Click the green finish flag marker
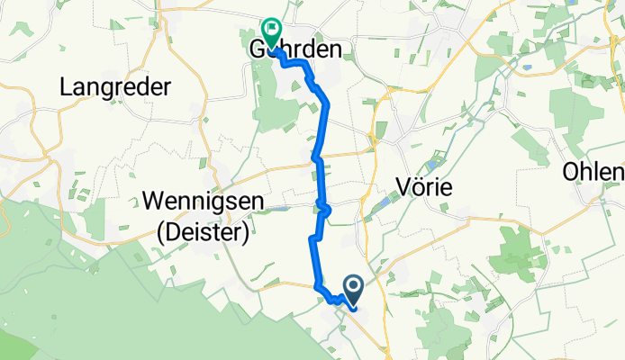271,31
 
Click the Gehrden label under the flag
295,50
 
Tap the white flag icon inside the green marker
271,27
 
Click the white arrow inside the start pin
352,287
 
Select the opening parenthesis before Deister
161,231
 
